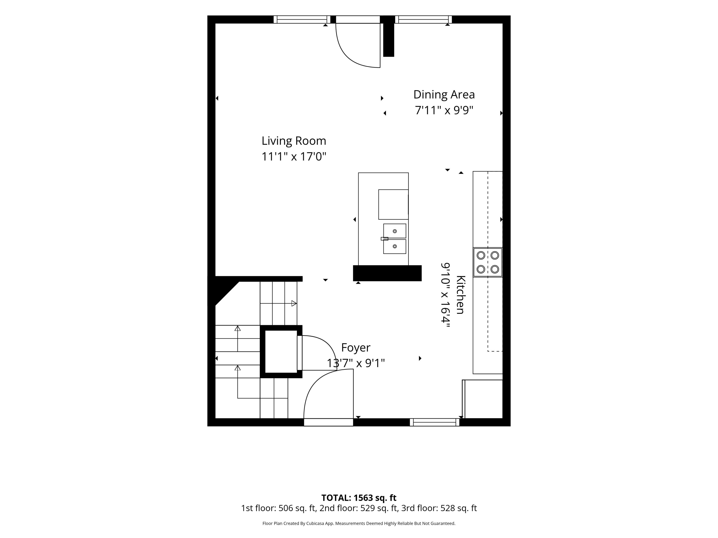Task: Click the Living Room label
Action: tap(294, 141)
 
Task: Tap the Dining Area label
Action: tap(444, 94)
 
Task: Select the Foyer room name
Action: tap(356, 348)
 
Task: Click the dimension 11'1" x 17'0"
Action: tap(294, 157)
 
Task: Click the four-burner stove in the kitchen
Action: tap(487, 262)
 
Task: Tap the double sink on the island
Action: tap(394, 239)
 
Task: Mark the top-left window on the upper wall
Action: tap(302, 19)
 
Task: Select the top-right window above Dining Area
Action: tap(423, 19)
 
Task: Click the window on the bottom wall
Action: tap(434, 422)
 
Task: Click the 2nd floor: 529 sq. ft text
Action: tap(359, 508)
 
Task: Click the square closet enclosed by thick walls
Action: tap(281, 352)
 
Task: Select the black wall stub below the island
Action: tap(387, 273)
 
